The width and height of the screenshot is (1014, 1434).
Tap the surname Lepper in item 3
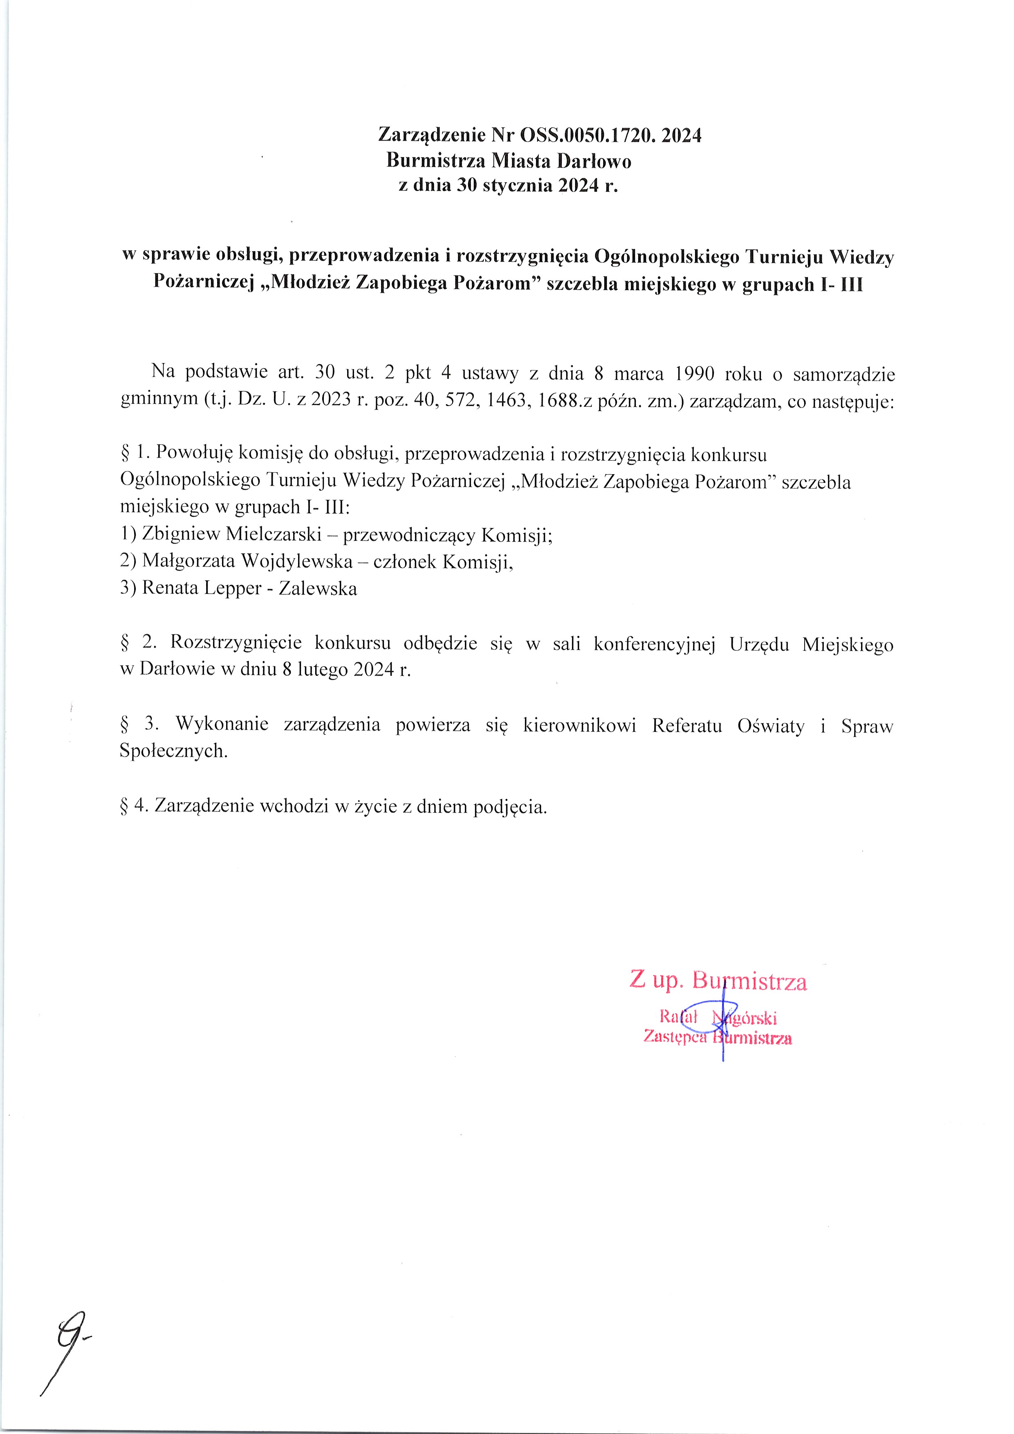click(233, 588)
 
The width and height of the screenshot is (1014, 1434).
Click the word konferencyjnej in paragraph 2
click(654, 644)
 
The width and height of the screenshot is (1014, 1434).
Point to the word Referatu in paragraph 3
click(686, 725)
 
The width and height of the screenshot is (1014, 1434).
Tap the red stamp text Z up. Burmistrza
click(717, 981)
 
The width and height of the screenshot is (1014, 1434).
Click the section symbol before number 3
click(124, 724)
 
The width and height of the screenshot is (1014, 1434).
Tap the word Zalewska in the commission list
click(318, 588)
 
